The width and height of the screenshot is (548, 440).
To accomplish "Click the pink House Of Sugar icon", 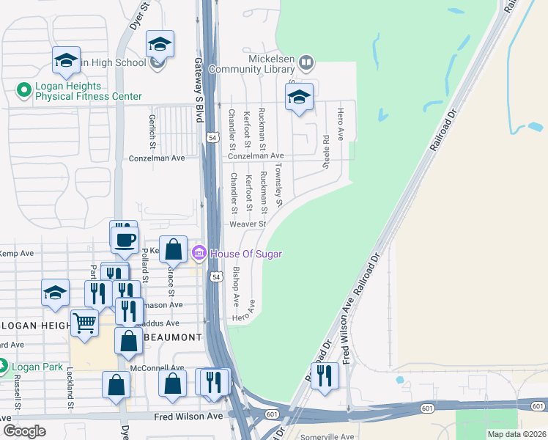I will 199,254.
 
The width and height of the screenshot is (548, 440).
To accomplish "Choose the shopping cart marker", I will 84,322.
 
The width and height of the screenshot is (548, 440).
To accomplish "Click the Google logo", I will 25,431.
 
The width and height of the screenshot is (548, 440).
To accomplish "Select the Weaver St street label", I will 246,224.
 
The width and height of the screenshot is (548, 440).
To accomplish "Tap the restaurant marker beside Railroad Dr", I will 325,376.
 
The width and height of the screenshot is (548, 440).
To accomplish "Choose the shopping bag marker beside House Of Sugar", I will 174,249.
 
